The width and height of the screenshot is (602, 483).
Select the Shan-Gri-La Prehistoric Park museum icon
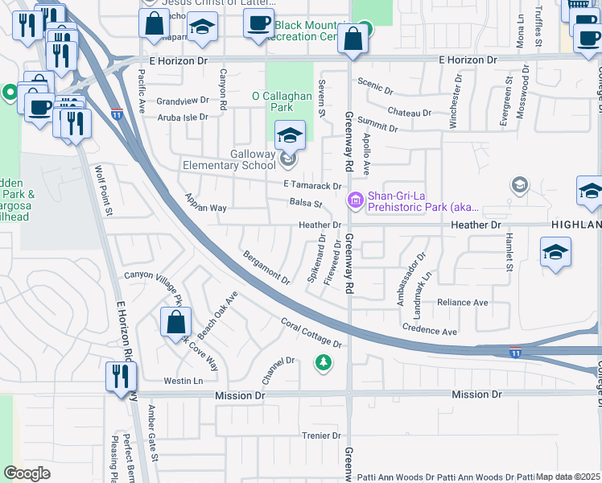[354, 199]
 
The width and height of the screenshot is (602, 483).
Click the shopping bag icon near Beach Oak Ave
[175, 324]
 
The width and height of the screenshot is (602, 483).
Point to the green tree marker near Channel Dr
[324, 364]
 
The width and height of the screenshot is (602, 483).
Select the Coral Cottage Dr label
[311, 332]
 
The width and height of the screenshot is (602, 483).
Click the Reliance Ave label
[463, 303]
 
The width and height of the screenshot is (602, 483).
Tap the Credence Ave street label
[430, 331]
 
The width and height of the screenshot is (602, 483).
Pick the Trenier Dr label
[301, 436]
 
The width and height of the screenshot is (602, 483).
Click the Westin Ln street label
[183, 381]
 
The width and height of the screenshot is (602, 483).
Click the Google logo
[27, 473]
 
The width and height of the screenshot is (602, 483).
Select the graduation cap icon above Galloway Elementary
[290, 134]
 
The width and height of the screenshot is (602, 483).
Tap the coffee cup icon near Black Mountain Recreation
[258, 22]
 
